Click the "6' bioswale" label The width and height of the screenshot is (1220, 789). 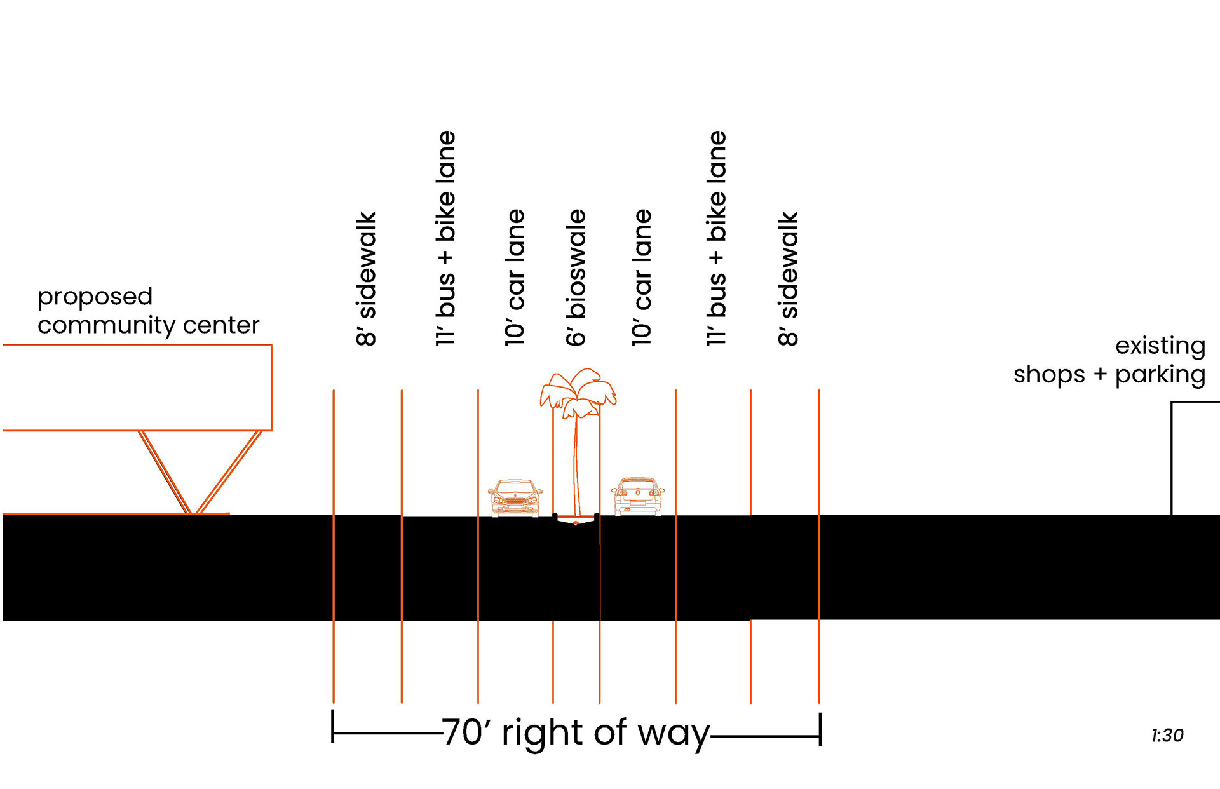tap(576, 278)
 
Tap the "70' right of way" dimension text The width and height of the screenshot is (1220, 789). tap(575, 732)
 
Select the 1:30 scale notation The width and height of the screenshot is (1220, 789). tap(1167, 736)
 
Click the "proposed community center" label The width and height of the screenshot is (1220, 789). tap(148, 311)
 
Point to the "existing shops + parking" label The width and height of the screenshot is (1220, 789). tap(1109, 360)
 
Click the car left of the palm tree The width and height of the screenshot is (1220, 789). tap(515, 498)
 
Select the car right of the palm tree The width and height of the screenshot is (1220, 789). tap(637, 496)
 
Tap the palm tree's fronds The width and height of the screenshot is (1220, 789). tap(578, 389)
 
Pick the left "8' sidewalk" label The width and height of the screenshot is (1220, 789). tap(367, 279)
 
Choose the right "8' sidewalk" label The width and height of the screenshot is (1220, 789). tap(788, 279)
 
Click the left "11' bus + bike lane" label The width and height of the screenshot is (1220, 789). tap(446, 238)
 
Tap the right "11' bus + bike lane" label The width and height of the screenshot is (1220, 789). tap(717, 238)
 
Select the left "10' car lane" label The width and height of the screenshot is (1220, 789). tap(515, 278)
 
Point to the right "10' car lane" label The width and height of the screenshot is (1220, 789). tap(642, 278)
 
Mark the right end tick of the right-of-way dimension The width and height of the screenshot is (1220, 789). tap(820, 729)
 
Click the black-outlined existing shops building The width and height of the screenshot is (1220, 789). tap(1195, 457)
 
